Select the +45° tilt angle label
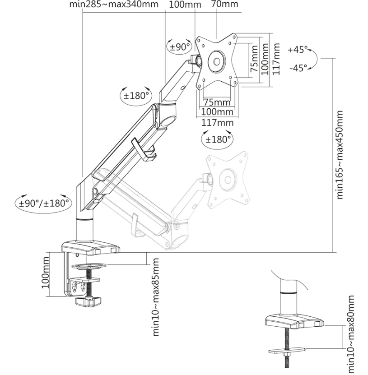coord(297,49)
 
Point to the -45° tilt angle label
coord(297,68)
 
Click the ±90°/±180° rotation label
coord(44,203)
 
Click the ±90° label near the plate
coord(179,46)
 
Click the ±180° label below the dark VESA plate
coord(218,139)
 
